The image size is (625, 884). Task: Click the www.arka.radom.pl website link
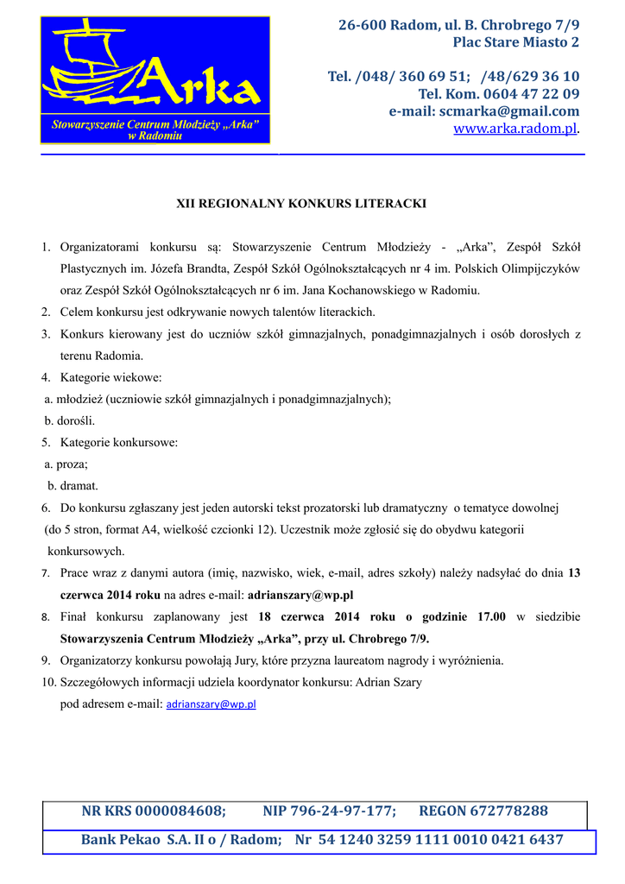(515, 129)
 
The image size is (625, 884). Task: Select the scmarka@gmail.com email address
(508, 111)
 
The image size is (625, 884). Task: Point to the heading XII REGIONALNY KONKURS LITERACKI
(301, 204)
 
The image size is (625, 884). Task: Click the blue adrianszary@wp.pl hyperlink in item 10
(211, 704)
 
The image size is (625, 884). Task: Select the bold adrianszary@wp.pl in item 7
(300, 595)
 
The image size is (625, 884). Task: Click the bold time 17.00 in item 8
(492, 617)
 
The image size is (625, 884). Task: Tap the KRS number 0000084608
(180, 811)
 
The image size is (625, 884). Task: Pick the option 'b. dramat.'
(73, 486)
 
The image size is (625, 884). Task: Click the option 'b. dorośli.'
(70, 421)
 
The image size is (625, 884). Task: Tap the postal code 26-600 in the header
(362, 25)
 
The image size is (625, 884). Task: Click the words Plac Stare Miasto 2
(516, 42)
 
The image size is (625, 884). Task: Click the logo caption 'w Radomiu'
(155, 136)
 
